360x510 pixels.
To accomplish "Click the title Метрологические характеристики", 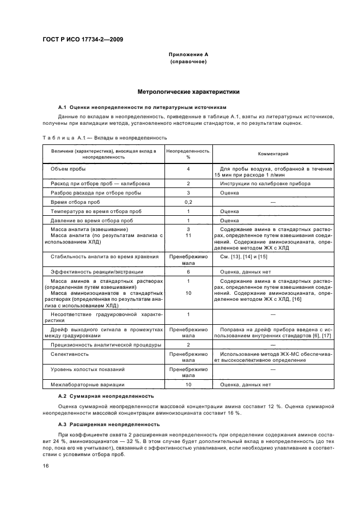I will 188,92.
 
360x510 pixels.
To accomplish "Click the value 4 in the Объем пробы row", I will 188,169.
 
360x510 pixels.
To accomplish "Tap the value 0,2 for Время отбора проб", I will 188,202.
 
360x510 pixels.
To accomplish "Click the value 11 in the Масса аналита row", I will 188,235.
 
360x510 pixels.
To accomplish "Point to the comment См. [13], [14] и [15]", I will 240,256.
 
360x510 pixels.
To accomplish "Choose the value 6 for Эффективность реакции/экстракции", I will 188,271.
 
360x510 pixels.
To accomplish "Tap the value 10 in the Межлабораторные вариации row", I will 188,385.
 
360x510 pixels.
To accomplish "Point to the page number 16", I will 46,465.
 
